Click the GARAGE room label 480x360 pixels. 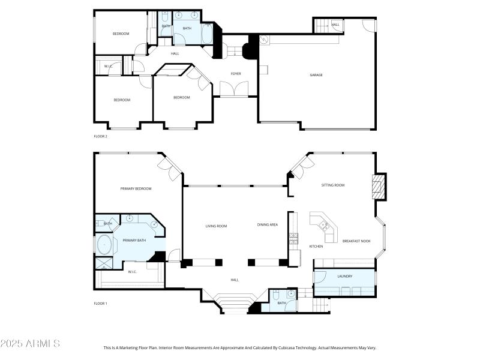click(x=316, y=75)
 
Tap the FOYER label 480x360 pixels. click(x=236, y=74)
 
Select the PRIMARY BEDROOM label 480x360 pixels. click(x=136, y=189)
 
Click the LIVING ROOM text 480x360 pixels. click(x=216, y=226)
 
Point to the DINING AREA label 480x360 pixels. click(x=268, y=225)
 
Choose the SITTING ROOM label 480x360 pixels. click(x=332, y=185)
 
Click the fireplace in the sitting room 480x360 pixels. click(x=377, y=186)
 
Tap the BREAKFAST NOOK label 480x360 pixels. click(x=356, y=241)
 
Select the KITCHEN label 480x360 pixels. click(x=316, y=247)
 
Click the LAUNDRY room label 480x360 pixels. click(x=344, y=276)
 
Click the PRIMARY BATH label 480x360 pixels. click(x=134, y=241)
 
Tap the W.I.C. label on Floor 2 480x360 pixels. click(x=109, y=66)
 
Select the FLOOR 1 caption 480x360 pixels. click(x=100, y=304)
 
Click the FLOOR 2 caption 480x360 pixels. click(x=100, y=136)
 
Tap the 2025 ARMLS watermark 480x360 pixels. click(x=30, y=344)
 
